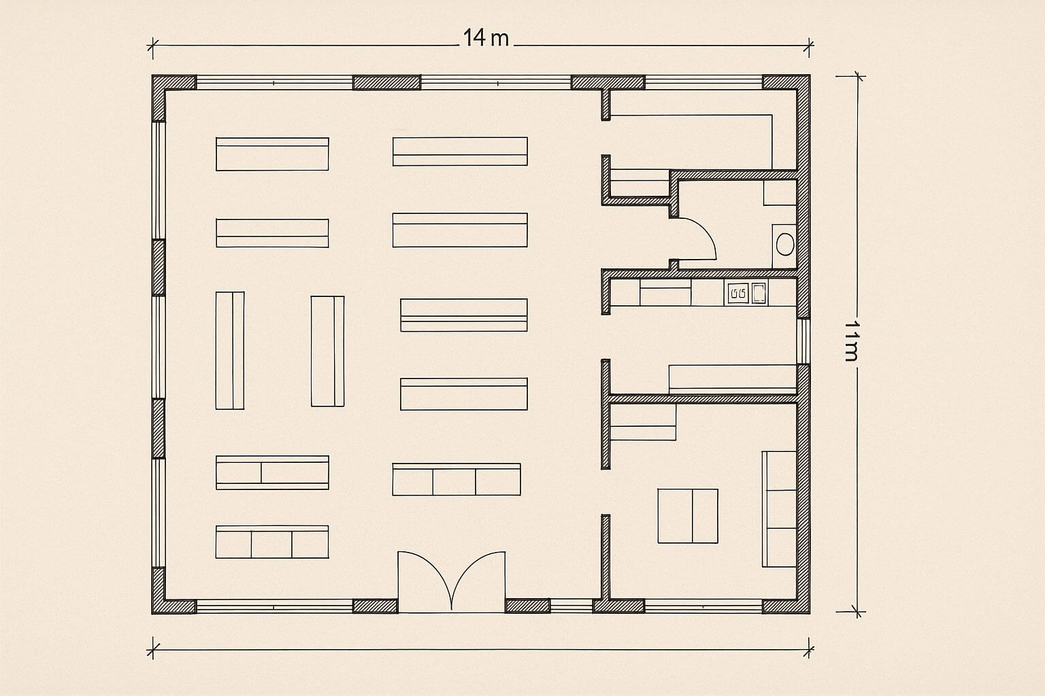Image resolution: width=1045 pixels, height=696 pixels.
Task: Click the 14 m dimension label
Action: point(486,38)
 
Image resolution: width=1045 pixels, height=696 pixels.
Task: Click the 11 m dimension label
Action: point(852,341)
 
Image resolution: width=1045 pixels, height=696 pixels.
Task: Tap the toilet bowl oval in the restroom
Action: point(785,244)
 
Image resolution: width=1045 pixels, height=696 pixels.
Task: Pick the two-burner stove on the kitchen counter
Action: point(738,294)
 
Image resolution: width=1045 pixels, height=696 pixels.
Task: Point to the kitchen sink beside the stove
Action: point(759,293)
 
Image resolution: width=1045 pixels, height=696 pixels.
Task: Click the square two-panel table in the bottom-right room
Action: point(688,516)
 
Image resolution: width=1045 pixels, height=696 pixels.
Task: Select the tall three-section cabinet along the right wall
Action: point(779,509)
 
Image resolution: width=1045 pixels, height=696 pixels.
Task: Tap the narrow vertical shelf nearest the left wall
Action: point(229,351)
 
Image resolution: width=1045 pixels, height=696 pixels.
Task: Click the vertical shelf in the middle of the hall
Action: point(327,351)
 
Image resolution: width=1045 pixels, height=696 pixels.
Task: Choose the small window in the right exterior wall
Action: point(803,341)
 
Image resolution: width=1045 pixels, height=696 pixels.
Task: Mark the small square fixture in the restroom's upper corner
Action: point(780,192)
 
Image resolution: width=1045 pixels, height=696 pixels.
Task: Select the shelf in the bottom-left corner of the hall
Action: point(272,542)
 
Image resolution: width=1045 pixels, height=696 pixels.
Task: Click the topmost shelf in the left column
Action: point(272,154)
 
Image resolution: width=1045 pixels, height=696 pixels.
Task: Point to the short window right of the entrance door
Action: point(571,606)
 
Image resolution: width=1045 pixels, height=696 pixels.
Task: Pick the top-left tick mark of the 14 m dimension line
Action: point(152,46)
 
